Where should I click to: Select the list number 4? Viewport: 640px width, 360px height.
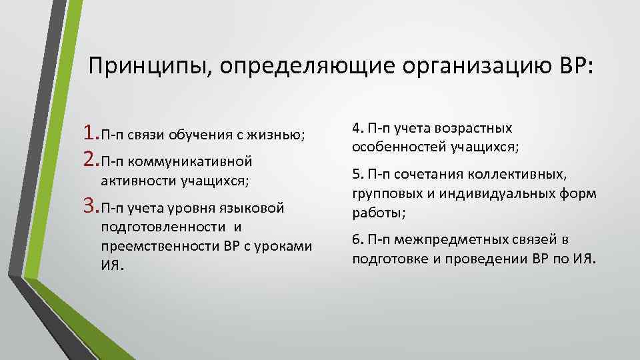pos(355,128)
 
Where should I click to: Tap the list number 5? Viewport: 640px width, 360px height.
pos(355,175)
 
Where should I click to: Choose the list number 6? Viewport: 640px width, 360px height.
pos(355,239)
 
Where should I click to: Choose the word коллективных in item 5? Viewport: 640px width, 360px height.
pos(513,175)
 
